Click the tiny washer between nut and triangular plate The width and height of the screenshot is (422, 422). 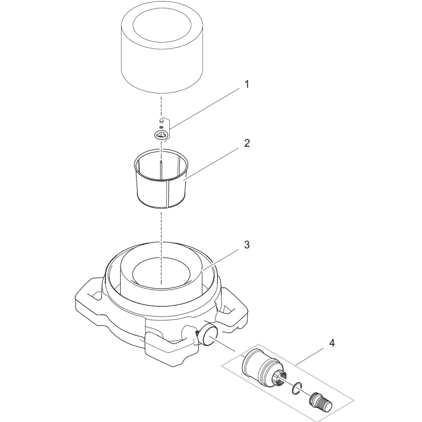161,127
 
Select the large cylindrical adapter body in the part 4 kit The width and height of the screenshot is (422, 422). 258,367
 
